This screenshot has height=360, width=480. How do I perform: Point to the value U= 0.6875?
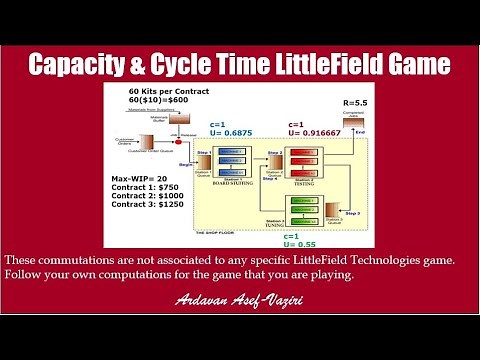pyautogui.click(x=231, y=133)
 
